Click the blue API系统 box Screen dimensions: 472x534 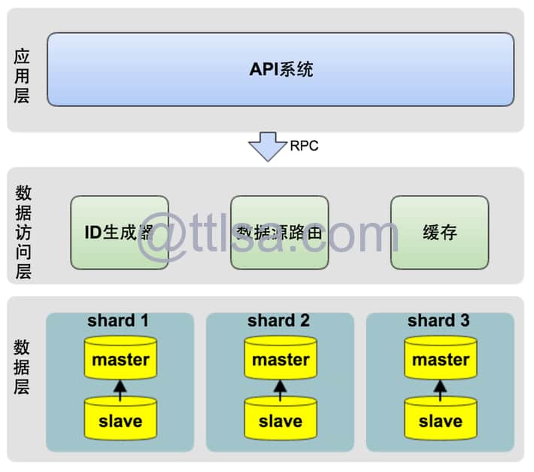[281, 69]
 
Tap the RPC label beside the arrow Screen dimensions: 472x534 [304, 146]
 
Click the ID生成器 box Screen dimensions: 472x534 [120, 233]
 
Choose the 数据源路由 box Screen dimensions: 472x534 [280, 233]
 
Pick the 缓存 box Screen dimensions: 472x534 [439, 233]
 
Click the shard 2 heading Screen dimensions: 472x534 [278, 321]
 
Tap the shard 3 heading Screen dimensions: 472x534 [438, 321]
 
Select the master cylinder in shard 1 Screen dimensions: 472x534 [120, 360]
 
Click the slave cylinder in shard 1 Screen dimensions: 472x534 [120, 420]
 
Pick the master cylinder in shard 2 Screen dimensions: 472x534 [281, 360]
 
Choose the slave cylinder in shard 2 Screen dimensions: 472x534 [281, 420]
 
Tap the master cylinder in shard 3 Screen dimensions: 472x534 [441, 360]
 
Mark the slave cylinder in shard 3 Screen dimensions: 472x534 [441, 420]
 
